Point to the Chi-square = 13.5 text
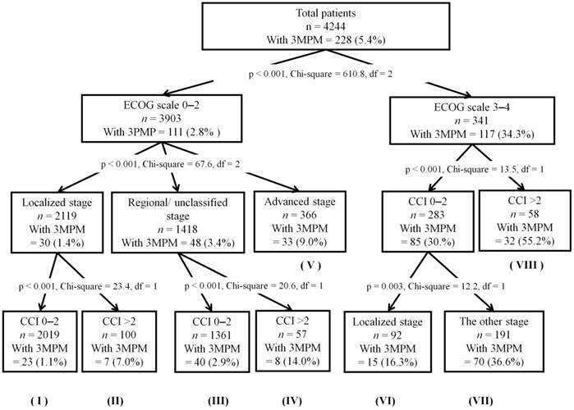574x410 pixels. (470, 170)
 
